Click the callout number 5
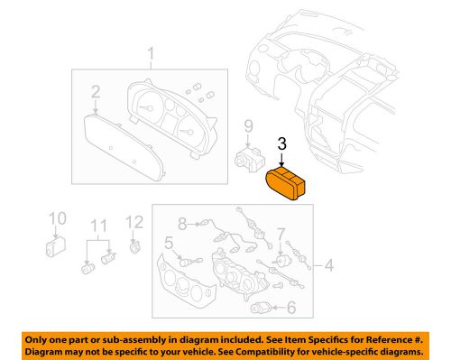click(169, 242)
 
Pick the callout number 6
click(291, 309)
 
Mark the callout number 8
click(180, 222)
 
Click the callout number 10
click(56, 218)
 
